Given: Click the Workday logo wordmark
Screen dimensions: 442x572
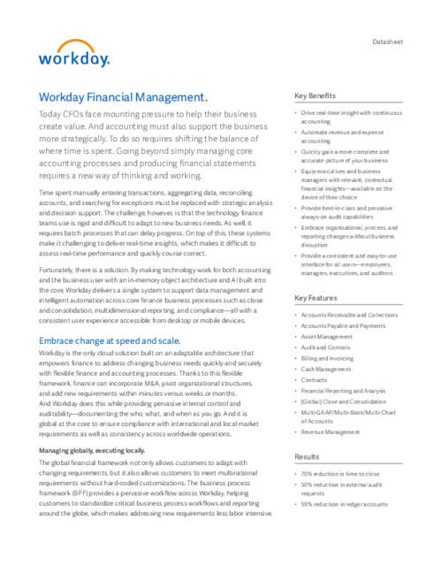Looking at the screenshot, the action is point(73,59).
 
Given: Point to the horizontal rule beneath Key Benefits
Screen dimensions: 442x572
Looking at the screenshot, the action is point(349,104).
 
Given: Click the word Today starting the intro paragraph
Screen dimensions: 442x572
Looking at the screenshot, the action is point(50,116).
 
